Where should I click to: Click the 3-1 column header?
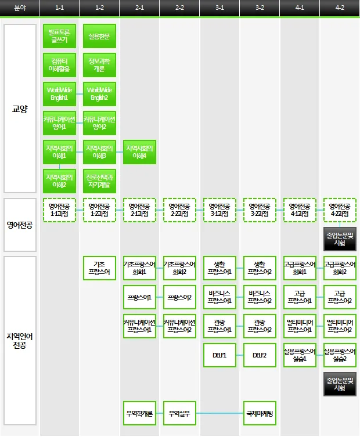219,8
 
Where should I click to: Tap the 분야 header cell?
20,8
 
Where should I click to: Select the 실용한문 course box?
99,36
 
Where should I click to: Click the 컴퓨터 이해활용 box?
59,64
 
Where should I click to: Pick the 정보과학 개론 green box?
99,64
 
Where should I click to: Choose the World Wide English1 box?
59,93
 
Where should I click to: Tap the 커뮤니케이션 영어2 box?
99,122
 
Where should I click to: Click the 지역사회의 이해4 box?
139,151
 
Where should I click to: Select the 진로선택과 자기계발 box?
99,180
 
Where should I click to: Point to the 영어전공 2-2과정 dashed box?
179,210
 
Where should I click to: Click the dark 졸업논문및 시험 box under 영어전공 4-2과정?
340,239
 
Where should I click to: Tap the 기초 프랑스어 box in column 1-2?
99,267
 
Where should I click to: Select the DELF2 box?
260,355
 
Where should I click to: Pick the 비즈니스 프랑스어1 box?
219,297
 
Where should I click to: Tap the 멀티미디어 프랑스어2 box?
340,326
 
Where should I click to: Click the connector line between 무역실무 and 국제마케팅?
219,413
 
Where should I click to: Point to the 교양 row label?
20,109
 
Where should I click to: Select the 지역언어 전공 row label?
20,341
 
